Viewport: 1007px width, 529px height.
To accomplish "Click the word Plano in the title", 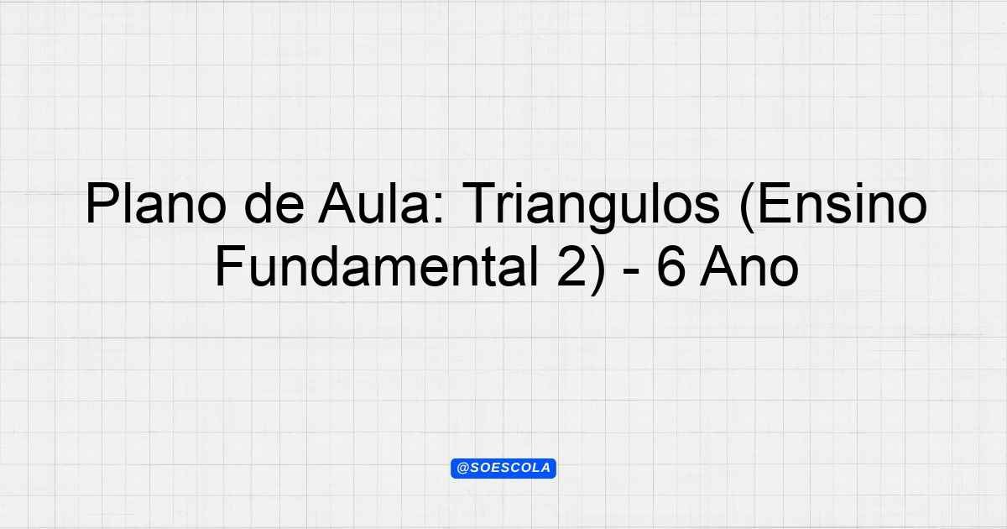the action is tap(156, 203).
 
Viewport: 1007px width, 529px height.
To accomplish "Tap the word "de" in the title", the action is tap(274, 203).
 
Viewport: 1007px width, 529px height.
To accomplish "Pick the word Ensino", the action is tap(842, 203).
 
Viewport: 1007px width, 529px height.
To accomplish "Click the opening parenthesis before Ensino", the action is tap(746, 207).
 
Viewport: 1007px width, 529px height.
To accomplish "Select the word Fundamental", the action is tap(377, 266).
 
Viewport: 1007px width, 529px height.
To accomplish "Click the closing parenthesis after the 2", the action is tap(597, 270).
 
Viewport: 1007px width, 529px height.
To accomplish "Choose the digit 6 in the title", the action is tap(670, 266).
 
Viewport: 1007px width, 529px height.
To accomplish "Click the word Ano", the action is tap(749, 266).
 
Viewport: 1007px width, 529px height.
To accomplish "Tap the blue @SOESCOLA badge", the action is tap(503, 469).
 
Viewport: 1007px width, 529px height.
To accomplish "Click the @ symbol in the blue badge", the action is tap(462, 469).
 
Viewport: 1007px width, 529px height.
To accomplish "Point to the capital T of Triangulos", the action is tap(480, 203).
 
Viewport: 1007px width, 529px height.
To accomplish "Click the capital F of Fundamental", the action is tap(231, 266).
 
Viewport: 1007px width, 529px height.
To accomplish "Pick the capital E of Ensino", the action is tap(774, 203).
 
